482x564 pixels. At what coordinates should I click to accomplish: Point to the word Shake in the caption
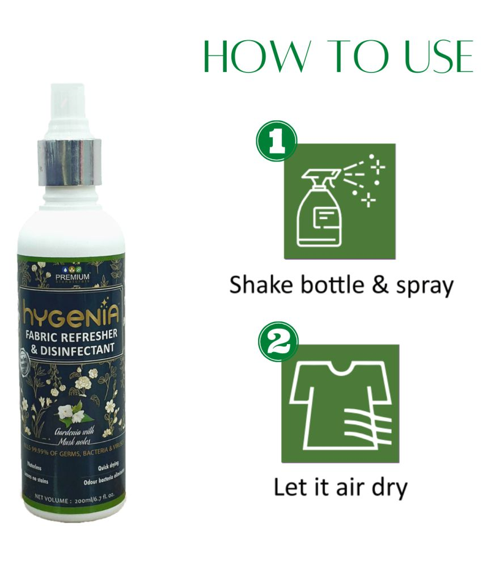tap(259, 285)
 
